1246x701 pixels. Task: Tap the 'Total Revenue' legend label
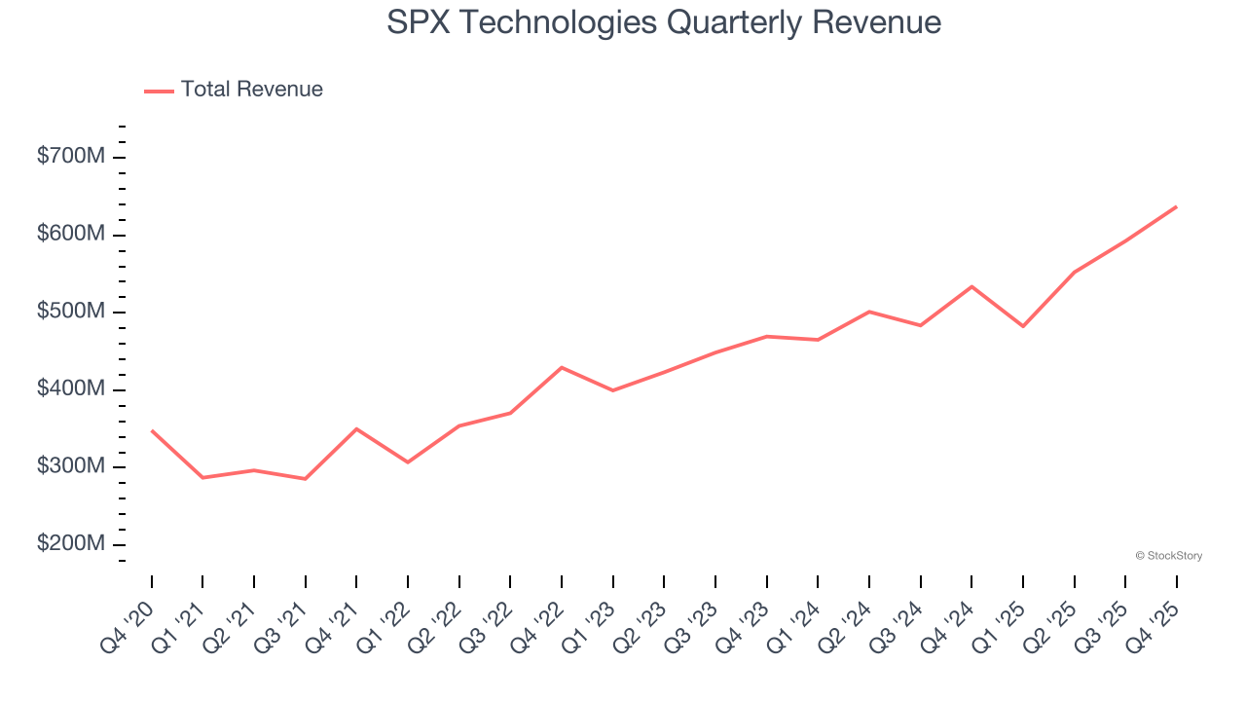[x=251, y=90]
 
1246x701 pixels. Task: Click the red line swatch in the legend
[x=159, y=91]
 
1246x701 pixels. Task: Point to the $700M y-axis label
[x=70, y=157]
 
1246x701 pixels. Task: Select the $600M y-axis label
[x=70, y=235]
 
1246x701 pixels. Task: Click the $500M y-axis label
[x=70, y=312]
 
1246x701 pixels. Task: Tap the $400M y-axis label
[x=70, y=389]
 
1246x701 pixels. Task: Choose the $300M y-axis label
[x=70, y=466]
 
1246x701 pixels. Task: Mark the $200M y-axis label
[x=70, y=544]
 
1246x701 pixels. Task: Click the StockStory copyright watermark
[x=1168, y=556]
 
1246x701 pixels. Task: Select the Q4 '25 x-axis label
[x=1154, y=626]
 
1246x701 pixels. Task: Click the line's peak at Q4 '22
[x=562, y=367]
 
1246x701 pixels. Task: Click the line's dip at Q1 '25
[x=1023, y=326]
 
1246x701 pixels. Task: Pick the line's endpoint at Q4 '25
[x=1176, y=206]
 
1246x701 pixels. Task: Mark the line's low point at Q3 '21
[x=306, y=479]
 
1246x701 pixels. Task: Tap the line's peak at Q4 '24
[x=971, y=286]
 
